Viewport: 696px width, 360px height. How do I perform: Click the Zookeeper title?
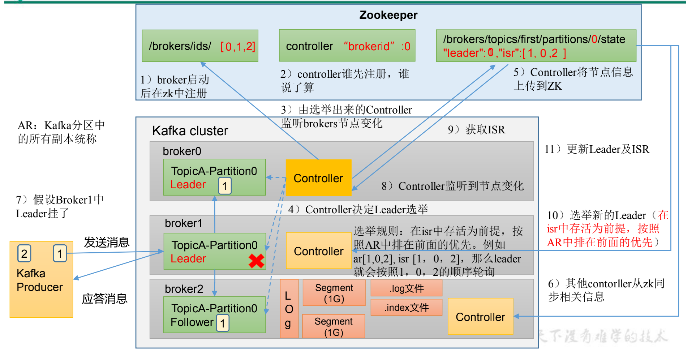tap(388, 15)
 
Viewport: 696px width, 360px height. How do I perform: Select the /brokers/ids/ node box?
tap(200, 46)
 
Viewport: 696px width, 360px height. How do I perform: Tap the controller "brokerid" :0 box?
tap(347, 46)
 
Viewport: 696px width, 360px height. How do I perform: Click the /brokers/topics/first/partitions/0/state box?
tap(536, 46)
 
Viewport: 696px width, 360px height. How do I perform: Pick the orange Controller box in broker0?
tap(318, 178)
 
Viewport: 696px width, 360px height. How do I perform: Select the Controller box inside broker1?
tap(318, 251)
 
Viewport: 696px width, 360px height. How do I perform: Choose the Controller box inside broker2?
tap(480, 317)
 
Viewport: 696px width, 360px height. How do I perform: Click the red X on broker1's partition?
tap(257, 261)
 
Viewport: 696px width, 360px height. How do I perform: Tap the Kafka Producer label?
tap(39, 280)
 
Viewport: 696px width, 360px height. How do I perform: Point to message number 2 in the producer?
tap(24, 253)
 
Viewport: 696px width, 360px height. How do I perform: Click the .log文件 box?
tap(406, 288)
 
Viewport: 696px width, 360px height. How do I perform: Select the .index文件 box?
tap(406, 307)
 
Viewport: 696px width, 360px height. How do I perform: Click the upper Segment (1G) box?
tap(334, 293)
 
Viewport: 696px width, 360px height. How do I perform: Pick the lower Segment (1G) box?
tap(333, 326)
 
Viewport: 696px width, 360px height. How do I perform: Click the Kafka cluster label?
tap(190, 130)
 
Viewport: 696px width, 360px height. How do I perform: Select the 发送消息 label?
tap(107, 242)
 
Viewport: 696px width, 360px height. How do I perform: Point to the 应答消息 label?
tap(104, 299)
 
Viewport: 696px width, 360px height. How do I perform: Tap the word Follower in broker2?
tap(192, 322)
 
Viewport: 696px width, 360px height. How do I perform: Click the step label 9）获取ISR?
tap(476, 129)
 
